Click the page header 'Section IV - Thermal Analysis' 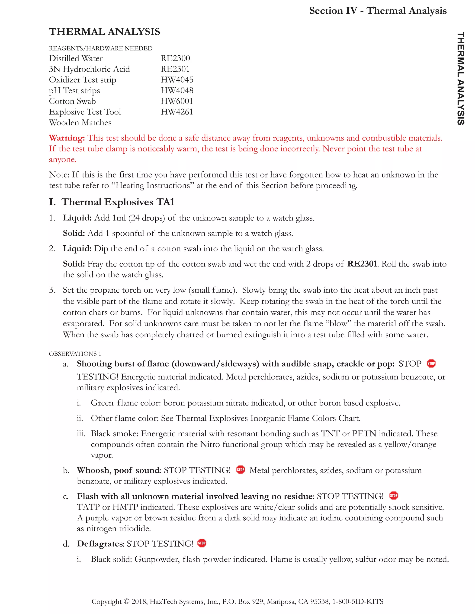(378, 11)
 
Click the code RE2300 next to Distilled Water (175, 58)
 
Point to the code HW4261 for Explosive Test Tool (177, 112)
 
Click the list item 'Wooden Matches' (80, 123)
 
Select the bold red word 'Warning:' (67, 138)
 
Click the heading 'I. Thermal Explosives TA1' (112, 202)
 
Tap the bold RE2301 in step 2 (362, 264)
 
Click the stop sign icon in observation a (431, 363)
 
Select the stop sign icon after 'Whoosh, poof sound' (240, 470)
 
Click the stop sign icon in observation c (393, 496)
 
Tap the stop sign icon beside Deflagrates (202, 543)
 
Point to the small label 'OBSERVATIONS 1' (75, 354)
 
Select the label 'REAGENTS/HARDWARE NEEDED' (100, 48)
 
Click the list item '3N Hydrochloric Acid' (89, 69)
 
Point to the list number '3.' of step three (52, 290)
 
